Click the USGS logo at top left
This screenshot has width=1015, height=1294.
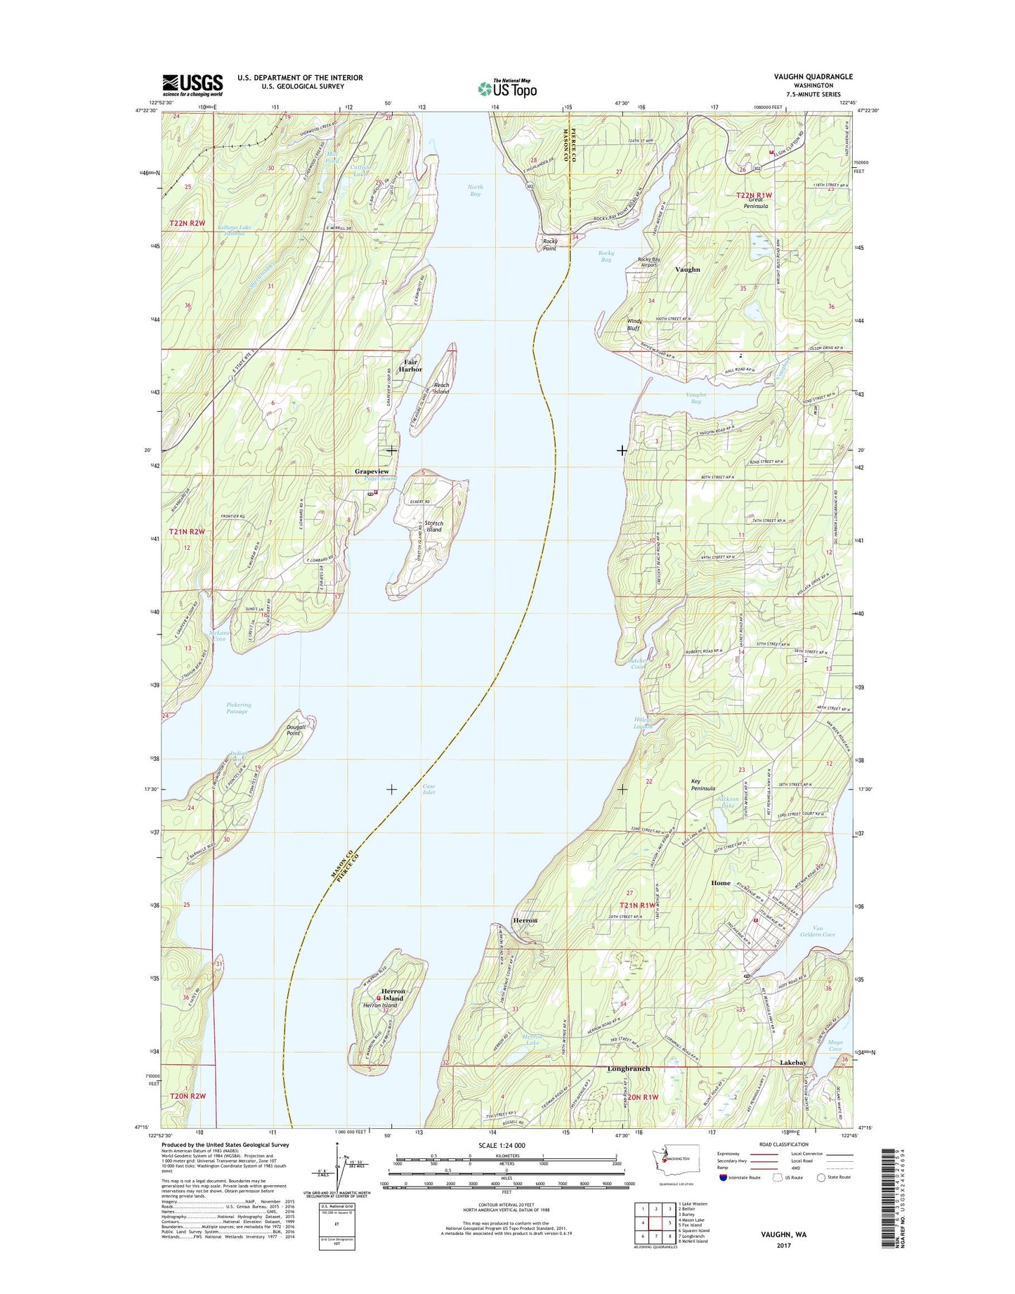click(192, 85)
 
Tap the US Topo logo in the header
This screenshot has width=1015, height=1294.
click(507, 89)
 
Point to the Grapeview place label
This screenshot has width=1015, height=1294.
click(372, 471)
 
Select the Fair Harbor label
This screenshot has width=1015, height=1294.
click(410, 365)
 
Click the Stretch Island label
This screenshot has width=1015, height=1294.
click(433, 526)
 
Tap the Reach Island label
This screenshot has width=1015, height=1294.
click(441, 388)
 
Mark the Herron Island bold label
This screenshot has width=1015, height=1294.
click(393, 994)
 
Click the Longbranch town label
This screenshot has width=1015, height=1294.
click(628, 1068)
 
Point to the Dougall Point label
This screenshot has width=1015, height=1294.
click(294, 730)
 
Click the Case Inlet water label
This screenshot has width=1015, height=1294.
click(428, 790)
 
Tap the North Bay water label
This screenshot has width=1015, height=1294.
click(476, 190)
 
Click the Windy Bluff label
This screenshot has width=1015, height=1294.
click(634, 325)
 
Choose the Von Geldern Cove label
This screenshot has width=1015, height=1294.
click(818, 931)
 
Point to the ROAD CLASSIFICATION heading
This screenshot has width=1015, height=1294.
click(785, 1144)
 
